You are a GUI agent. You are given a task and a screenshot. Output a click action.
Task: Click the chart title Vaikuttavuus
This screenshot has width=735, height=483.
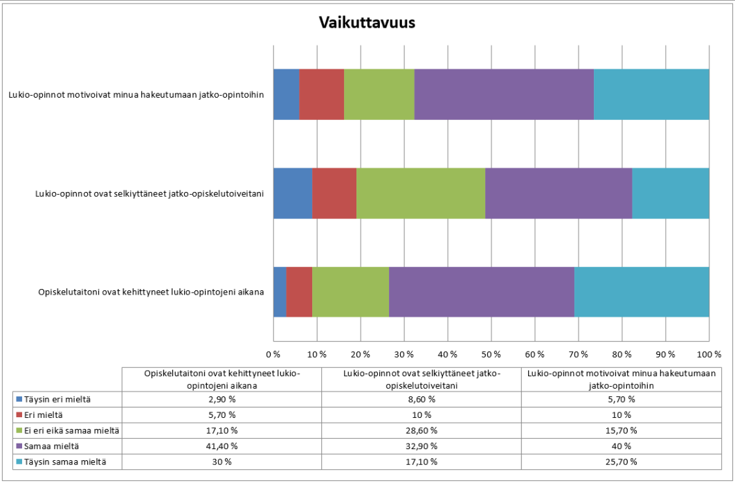click(367, 23)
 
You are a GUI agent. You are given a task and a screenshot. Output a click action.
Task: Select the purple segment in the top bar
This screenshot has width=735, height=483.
click(504, 95)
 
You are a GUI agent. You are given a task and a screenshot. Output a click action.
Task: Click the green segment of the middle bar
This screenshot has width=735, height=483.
click(421, 193)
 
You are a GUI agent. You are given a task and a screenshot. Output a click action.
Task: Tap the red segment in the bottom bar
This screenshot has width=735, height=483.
click(299, 292)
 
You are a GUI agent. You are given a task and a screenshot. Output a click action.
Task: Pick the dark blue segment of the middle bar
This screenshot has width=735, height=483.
click(293, 193)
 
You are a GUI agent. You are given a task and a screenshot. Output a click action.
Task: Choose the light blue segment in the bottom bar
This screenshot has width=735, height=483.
click(642, 292)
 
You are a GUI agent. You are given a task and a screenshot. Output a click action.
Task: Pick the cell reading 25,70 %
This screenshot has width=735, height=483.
click(621, 461)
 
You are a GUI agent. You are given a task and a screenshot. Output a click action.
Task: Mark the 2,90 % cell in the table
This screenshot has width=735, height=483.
click(221, 399)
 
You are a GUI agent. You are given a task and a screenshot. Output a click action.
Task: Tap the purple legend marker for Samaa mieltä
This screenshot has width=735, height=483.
click(18, 446)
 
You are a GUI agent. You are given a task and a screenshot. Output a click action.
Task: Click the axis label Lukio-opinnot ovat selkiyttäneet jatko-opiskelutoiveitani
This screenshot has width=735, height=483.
click(149, 193)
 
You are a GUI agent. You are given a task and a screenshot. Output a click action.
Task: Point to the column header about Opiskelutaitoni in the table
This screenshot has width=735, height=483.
click(221, 378)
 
